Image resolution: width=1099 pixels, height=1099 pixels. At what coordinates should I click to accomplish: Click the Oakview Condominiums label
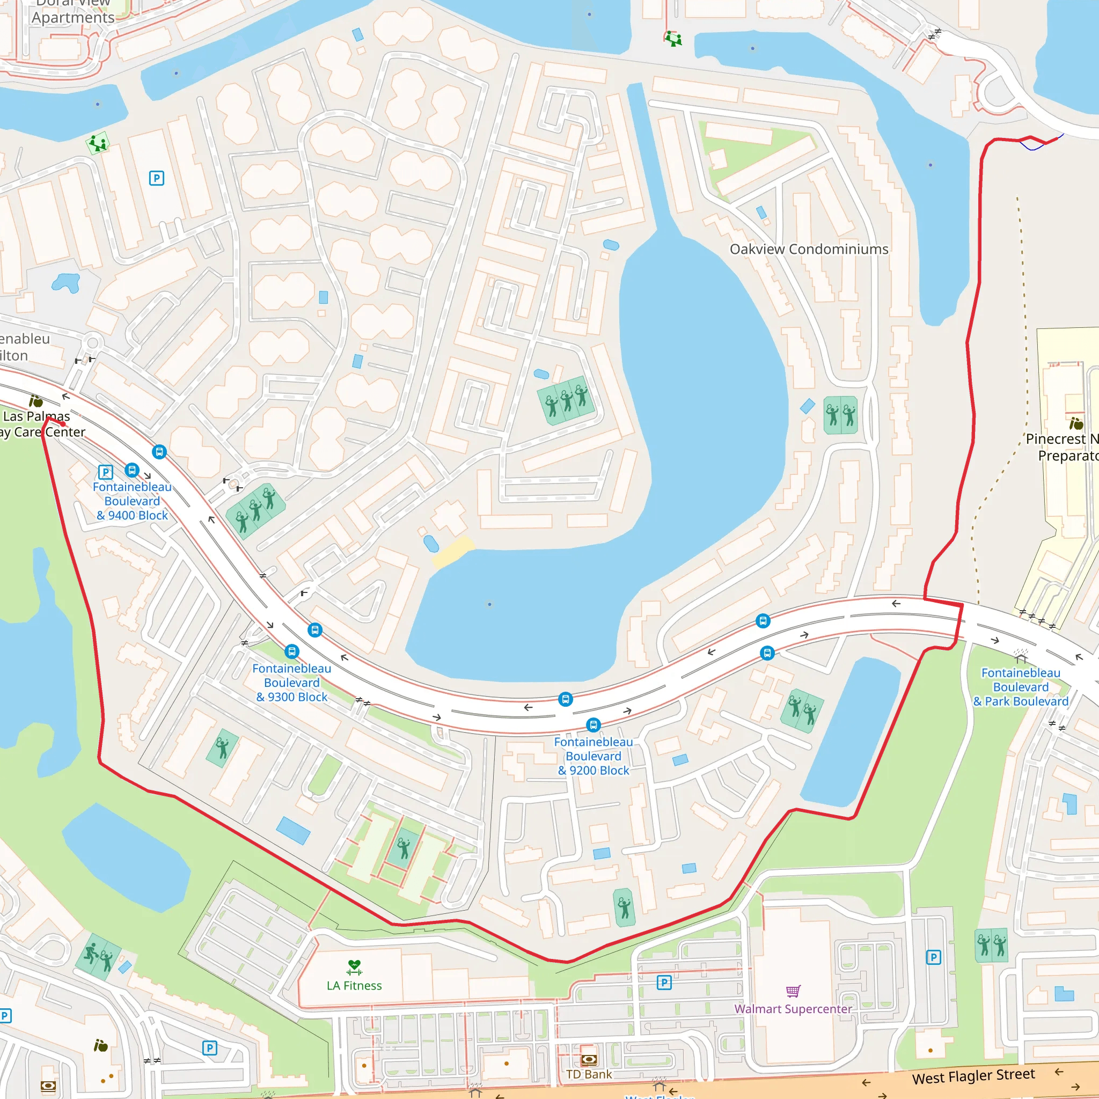click(808, 249)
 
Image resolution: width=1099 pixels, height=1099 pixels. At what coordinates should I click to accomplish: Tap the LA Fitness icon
click(354, 967)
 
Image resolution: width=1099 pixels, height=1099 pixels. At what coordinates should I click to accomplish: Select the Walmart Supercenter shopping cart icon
click(793, 992)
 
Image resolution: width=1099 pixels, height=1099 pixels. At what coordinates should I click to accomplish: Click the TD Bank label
click(589, 1074)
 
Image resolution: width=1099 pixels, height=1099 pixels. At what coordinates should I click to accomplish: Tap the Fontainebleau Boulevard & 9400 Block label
click(132, 501)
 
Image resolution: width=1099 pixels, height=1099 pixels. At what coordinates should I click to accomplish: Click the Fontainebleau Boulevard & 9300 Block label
click(291, 683)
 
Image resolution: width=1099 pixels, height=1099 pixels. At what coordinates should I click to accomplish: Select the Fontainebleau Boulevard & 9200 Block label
click(594, 756)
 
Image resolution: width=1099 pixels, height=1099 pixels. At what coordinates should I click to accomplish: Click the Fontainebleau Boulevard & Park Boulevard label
click(1021, 687)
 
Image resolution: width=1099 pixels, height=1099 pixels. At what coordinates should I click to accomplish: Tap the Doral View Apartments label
click(73, 11)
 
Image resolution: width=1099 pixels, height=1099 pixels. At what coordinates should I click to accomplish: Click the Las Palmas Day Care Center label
click(40, 424)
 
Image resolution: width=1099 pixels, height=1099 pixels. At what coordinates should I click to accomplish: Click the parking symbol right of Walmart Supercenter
click(934, 958)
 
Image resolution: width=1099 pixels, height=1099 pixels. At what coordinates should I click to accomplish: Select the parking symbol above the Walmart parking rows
click(664, 983)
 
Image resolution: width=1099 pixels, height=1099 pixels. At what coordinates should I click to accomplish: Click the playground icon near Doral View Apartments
click(98, 143)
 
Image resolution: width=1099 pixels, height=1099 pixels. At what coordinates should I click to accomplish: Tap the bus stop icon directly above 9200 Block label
click(594, 724)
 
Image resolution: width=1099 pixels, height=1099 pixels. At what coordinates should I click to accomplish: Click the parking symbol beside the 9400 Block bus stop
click(106, 472)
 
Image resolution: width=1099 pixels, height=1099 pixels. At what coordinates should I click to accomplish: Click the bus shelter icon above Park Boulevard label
click(1021, 655)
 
